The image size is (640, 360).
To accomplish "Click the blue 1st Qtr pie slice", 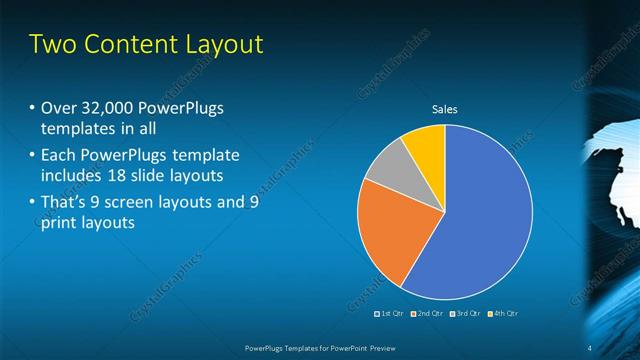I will (x=480, y=220).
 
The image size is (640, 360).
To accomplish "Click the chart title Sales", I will (x=444, y=109).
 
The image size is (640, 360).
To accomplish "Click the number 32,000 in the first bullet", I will (x=103, y=108).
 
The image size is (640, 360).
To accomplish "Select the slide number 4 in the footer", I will (x=589, y=347).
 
